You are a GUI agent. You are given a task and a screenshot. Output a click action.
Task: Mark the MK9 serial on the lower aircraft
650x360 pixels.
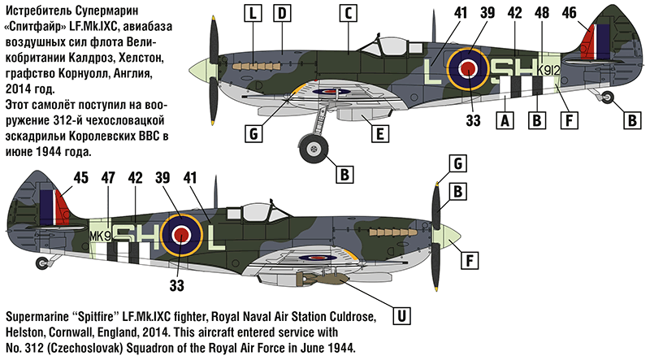point(99,236)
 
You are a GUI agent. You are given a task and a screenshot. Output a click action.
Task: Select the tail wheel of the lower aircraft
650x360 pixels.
point(43,262)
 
